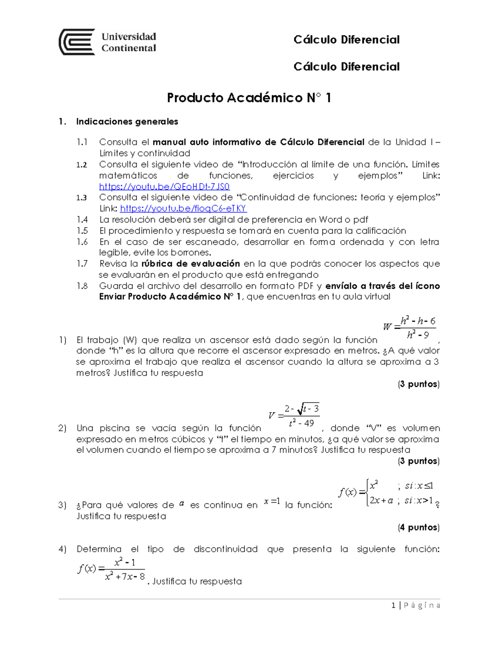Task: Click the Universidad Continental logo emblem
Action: (x=77, y=42)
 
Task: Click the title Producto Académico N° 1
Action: (x=249, y=98)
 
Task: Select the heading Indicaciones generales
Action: (x=127, y=121)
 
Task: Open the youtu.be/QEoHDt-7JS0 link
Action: (x=164, y=186)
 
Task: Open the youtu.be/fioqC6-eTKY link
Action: (x=183, y=208)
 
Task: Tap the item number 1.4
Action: (x=82, y=220)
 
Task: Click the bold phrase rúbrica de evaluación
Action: (x=190, y=264)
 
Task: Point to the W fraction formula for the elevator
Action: (x=410, y=327)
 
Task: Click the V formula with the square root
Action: (x=294, y=416)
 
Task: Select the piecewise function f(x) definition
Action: (x=387, y=493)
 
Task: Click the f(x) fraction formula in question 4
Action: (x=111, y=569)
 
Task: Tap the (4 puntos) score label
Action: (x=418, y=527)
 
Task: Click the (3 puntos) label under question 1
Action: (x=418, y=384)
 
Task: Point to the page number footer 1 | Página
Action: (x=416, y=605)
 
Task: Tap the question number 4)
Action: (x=62, y=549)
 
